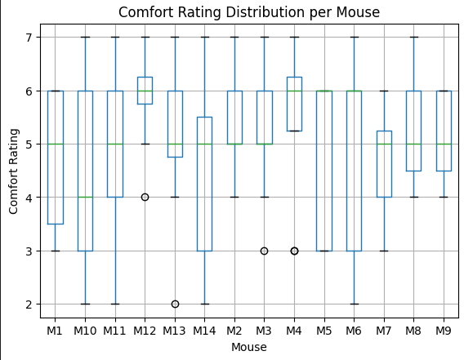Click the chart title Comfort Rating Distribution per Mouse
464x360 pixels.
[x=248, y=12]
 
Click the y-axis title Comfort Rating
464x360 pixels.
[x=14, y=170]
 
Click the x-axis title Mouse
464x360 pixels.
[x=248, y=347]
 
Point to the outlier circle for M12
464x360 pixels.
[x=145, y=197]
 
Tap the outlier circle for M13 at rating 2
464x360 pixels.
[x=175, y=304]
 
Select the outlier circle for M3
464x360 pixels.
[x=264, y=251]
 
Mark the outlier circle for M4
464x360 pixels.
[x=294, y=251]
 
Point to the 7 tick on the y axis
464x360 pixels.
[x=33, y=38]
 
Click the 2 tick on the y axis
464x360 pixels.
[x=33, y=304]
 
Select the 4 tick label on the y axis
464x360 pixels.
[x=33, y=198]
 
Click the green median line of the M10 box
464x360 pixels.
[x=85, y=197]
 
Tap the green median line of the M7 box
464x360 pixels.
[x=384, y=144]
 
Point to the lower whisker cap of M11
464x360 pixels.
[x=115, y=304]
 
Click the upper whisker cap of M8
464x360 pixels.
[x=413, y=38]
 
